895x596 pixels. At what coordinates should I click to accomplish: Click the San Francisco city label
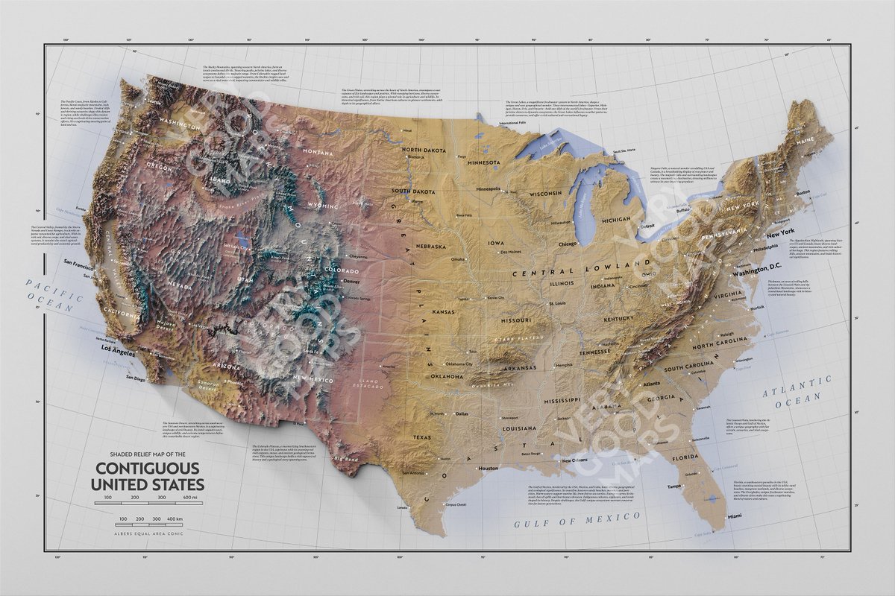pyautogui.click(x=78, y=263)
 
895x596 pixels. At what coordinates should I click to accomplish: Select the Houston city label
pyautogui.click(x=488, y=469)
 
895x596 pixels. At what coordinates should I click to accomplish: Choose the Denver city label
pyautogui.click(x=351, y=282)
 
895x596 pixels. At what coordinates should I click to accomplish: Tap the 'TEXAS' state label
pyautogui.click(x=422, y=437)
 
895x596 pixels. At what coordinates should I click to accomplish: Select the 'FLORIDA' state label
pyautogui.click(x=684, y=457)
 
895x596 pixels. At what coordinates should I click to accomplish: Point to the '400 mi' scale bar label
pyautogui.click(x=189, y=497)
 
